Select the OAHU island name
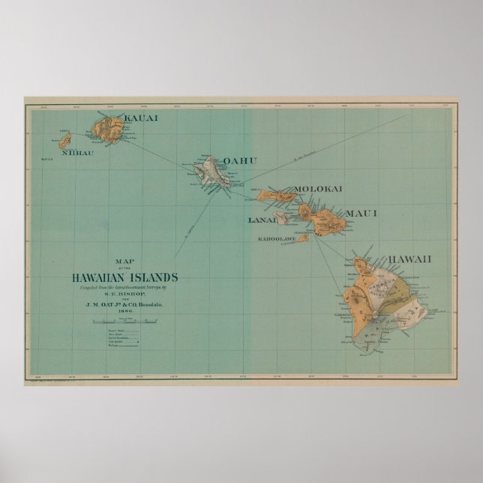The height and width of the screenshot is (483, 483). pyautogui.click(x=240, y=160)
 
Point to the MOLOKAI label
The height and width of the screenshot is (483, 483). pyautogui.click(x=318, y=189)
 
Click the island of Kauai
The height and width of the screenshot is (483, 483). pyautogui.click(x=109, y=130)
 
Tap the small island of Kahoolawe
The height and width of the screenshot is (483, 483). pyautogui.click(x=301, y=238)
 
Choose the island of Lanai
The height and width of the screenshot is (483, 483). pyautogui.click(x=280, y=218)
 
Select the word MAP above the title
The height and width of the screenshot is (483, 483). pyautogui.click(x=121, y=261)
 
